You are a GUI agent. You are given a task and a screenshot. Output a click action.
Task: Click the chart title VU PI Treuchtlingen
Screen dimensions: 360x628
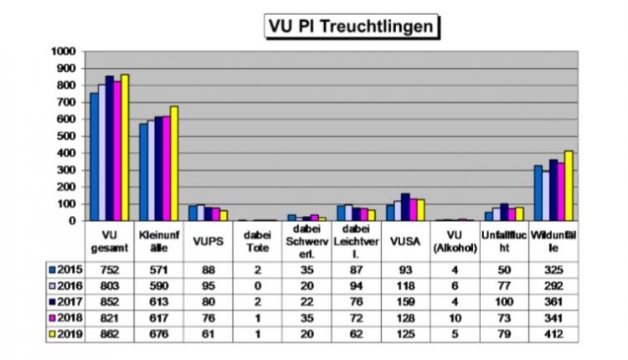click(x=351, y=26)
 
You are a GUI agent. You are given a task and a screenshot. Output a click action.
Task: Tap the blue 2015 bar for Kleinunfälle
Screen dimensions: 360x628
click(x=143, y=172)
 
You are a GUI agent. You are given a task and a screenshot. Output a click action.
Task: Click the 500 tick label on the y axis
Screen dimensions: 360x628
click(x=68, y=136)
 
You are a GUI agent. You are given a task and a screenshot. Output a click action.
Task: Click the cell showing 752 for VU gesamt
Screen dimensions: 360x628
click(x=110, y=270)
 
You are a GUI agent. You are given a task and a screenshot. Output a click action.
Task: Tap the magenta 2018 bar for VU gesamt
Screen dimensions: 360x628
click(x=116, y=152)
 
